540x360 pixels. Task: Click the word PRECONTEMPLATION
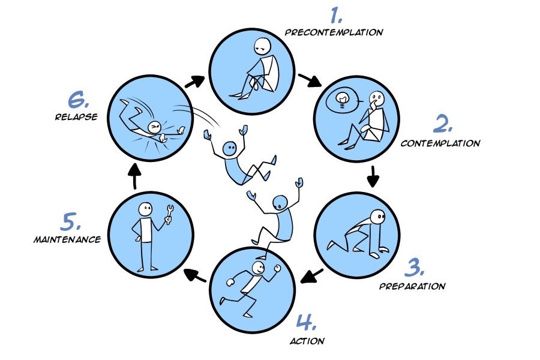[x=334, y=32]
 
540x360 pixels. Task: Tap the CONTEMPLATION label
[x=440, y=143]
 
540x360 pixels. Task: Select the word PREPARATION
[x=412, y=286]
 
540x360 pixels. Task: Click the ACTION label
[x=307, y=341]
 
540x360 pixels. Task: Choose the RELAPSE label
[x=76, y=117]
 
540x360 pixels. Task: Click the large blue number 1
[x=337, y=14]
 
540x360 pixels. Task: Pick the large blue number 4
[x=306, y=323]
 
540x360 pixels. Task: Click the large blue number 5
[x=70, y=222]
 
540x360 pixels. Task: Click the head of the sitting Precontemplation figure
[x=262, y=46]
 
